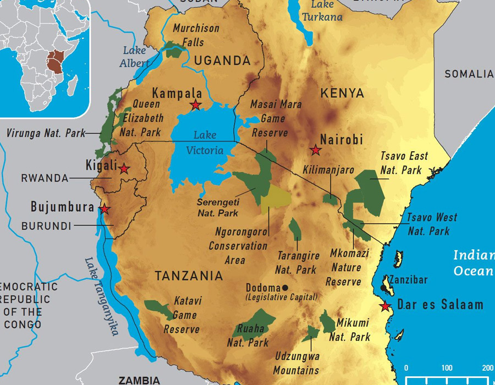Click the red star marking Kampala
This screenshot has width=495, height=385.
(195, 105)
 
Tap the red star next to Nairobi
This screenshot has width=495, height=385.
(315, 150)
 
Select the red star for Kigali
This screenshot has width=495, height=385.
(124, 169)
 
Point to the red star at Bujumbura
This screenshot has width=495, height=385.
(104, 210)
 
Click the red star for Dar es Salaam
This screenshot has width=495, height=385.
(386, 306)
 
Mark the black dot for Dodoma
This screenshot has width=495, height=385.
(285, 288)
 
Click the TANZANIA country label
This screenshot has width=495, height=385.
(189, 276)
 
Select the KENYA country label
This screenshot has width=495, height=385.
(342, 93)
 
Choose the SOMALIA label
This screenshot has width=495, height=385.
(469, 74)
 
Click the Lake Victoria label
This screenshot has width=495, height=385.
(205, 142)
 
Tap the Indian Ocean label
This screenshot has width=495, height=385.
(472, 263)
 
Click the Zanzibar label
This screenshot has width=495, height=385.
(408, 280)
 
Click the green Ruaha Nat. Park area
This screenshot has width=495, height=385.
(253, 321)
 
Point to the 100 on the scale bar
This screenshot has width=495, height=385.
(447, 368)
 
